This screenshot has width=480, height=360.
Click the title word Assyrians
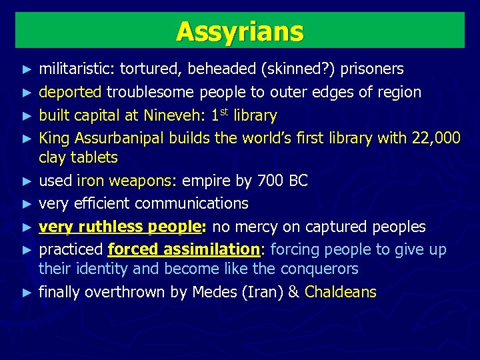(239, 31)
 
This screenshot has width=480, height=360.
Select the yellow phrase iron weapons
(127, 181)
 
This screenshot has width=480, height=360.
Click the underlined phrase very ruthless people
(121, 227)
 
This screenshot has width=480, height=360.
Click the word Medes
(212, 292)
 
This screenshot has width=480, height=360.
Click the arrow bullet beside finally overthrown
(26, 293)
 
